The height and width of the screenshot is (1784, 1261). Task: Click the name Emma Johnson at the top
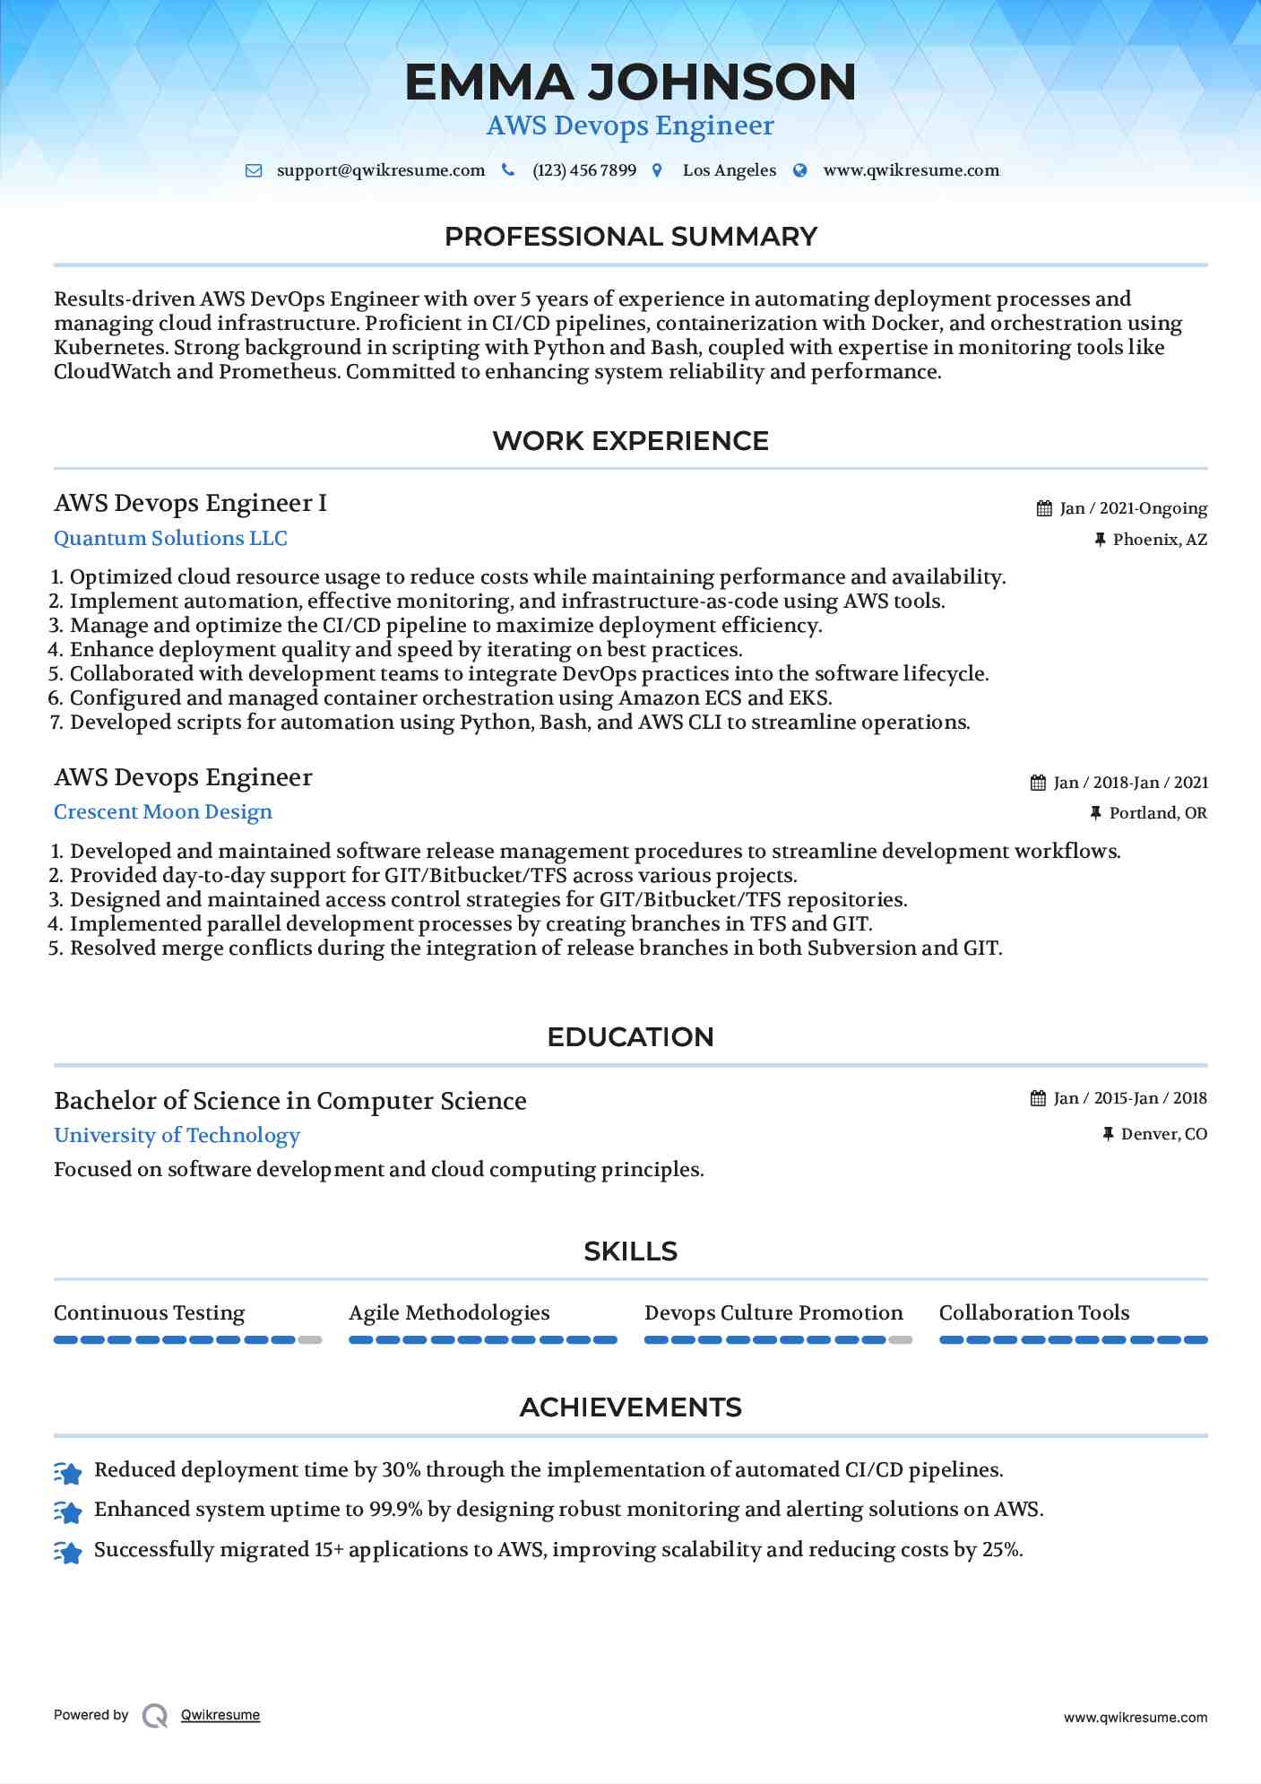(x=630, y=82)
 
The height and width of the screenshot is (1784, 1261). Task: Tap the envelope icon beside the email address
(x=254, y=170)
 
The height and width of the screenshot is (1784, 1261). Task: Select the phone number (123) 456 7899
(x=583, y=170)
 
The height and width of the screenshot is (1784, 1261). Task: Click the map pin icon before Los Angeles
(x=657, y=170)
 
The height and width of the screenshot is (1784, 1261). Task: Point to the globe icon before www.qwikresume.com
(x=800, y=170)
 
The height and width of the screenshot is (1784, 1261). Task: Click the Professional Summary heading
(x=630, y=237)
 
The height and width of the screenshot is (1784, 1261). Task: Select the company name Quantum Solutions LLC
(x=170, y=538)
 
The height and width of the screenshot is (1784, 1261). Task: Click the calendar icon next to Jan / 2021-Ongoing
(x=1044, y=508)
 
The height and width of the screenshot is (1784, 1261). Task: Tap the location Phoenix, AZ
(x=1159, y=540)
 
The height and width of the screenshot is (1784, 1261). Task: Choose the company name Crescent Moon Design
(x=162, y=811)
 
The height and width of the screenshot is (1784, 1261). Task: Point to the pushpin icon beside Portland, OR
(x=1095, y=813)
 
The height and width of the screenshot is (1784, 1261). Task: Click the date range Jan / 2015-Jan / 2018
(x=1129, y=1098)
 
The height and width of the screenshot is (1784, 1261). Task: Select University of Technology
(x=177, y=1135)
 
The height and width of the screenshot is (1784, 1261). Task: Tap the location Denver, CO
(x=1163, y=1134)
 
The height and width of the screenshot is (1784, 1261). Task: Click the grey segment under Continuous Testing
(x=310, y=1340)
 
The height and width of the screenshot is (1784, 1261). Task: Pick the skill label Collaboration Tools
(x=1033, y=1312)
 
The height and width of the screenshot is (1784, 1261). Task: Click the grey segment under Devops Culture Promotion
(x=901, y=1340)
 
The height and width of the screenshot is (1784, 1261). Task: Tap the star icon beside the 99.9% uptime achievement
(x=68, y=1511)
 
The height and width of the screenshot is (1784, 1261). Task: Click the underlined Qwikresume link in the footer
(x=220, y=1715)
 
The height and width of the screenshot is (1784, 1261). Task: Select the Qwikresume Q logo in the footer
(x=155, y=1716)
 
